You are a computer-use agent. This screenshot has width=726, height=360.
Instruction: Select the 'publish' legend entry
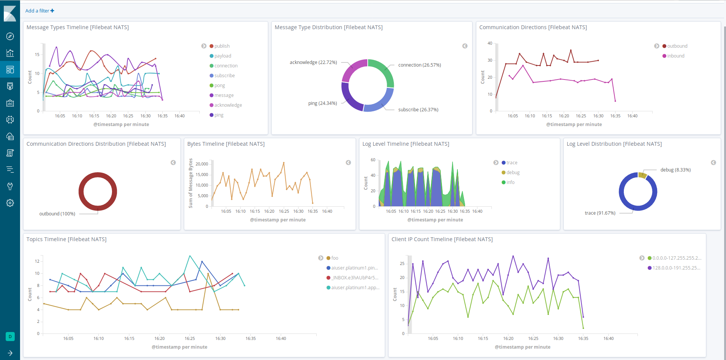pos(222,46)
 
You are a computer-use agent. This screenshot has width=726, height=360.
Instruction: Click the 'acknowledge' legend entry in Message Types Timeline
pos(228,105)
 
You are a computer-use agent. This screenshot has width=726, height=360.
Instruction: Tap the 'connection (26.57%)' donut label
pos(419,65)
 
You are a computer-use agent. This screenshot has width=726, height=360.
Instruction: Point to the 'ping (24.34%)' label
pos(322,103)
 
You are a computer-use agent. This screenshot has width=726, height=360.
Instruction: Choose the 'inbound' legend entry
pos(675,56)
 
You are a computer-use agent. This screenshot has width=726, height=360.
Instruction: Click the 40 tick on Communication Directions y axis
pos(490,43)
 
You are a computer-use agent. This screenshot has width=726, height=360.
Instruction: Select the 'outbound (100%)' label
pos(57,214)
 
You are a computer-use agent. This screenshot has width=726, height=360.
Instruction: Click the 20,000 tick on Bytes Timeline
pos(202,164)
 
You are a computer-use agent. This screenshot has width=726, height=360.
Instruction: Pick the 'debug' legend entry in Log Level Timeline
pos(513,172)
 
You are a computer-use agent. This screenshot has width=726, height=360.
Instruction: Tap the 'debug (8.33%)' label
pos(675,170)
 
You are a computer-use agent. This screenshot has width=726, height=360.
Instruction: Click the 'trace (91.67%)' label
pos(600,213)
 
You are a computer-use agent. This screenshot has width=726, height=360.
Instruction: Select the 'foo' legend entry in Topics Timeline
pos(334,258)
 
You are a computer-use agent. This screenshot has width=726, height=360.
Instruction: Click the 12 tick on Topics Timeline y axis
pos(37,261)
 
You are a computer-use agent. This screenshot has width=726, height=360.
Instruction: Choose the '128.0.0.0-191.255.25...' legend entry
pos(676,268)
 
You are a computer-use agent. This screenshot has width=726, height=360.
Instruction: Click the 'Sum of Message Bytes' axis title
pos(191,183)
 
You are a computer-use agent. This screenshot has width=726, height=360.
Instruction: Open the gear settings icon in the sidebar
pos(10,203)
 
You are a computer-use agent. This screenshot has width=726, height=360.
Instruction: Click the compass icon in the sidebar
pos(10,36)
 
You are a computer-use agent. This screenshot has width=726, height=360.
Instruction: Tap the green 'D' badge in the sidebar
pos(10,336)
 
